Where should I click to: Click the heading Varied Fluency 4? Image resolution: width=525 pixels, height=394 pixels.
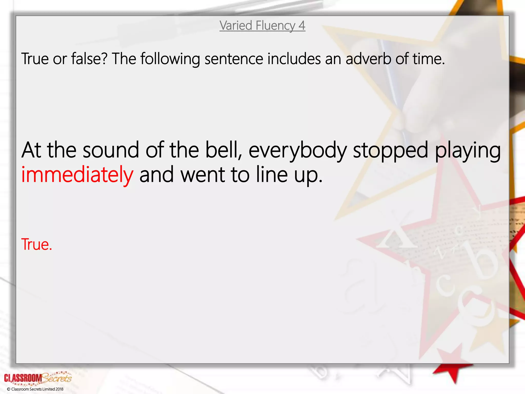click(262, 26)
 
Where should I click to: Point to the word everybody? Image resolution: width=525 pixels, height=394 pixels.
click(298, 151)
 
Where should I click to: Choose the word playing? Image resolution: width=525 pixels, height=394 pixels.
click(468, 151)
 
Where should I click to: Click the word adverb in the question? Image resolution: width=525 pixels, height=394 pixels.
click(368, 59)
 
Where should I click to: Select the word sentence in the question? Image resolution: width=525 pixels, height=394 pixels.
click(234, 59)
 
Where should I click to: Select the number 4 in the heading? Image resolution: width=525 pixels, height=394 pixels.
click(301, 26)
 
